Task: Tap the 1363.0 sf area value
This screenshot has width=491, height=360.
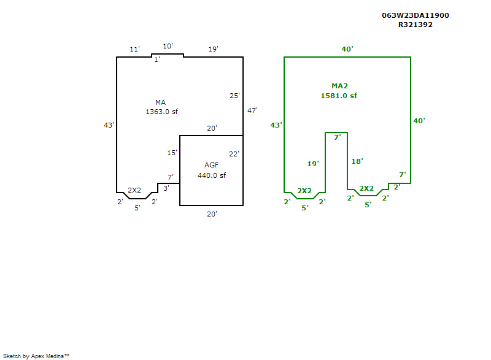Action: click(161, 112)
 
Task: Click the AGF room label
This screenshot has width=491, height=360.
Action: click(211, 165)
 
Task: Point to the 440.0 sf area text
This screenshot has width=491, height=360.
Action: click(211, 175)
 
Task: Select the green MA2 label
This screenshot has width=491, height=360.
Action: click(339, 86)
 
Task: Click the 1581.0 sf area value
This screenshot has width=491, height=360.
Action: click(339, 96)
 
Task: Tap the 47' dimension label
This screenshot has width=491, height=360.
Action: click(252, 110)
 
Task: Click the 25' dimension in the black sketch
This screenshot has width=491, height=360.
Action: click(234, 96)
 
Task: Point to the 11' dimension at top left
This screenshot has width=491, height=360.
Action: click(134, 49)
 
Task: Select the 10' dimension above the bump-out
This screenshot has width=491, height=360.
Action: click(168, 46)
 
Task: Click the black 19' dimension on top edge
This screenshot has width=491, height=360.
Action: click(213, 49)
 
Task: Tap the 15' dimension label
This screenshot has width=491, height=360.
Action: click(172, 153)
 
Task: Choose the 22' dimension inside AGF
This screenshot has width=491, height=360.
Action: click(234, 154)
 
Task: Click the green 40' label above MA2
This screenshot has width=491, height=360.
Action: click(347, 49)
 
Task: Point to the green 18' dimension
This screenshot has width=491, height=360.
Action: click(357, 161)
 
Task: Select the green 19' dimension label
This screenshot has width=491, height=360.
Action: click(313, 164)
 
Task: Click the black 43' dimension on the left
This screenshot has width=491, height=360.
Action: click(109, 125)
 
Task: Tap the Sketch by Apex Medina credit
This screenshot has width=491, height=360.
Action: click(36, 356)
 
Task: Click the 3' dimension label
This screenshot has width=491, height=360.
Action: click(166, 188)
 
